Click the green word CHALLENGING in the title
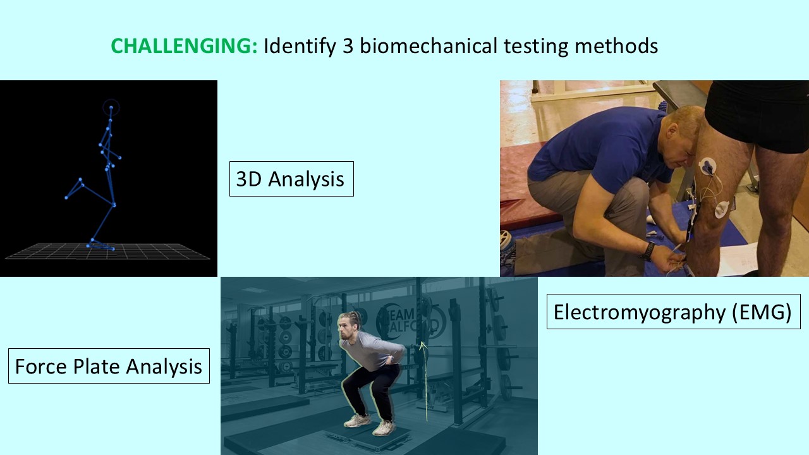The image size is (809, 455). pos(184,47)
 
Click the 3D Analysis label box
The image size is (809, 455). pos(291,179)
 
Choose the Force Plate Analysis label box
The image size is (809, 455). pos(109,366)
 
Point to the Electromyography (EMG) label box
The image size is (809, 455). pos(672,312)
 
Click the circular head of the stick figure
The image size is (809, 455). pos(111,107)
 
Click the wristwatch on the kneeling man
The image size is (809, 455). pos(647,250)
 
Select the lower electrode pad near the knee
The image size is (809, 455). pos(721,209)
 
